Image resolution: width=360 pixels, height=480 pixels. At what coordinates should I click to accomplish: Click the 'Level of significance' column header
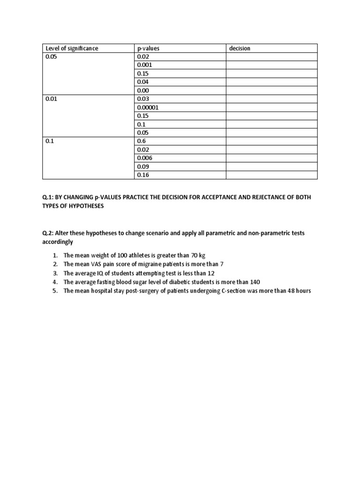[x=72, y=48]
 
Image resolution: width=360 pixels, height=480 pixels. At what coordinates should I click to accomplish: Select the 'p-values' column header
[x=148, y=48]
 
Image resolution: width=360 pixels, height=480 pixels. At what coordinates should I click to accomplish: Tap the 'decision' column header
[x=240, y=48]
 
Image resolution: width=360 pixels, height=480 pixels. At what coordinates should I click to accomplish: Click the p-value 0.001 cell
[x=144, y=65]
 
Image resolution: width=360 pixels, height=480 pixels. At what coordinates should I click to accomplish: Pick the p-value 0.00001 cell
[x=148, y=107]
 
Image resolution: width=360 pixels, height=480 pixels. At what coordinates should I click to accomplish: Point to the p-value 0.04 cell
[x=142, y=82]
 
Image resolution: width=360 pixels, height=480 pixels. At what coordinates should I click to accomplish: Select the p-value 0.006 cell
[x=144, y=158]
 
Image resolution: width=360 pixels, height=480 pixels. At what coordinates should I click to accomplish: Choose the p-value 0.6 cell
[x=141, y=141]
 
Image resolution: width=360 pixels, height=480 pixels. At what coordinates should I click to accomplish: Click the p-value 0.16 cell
[x=142, y=175]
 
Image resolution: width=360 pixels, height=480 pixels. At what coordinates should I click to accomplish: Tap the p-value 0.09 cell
[x=142, y=166]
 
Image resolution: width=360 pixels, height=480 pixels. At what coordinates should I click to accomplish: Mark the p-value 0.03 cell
[x=142, y=99]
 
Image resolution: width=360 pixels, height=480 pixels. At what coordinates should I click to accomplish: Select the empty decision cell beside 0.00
[x=271, y=90]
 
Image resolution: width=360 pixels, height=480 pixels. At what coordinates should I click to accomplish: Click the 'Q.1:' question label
[x=48, y=197]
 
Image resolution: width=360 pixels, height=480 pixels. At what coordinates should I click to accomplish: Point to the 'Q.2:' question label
[x=48, y=232]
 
